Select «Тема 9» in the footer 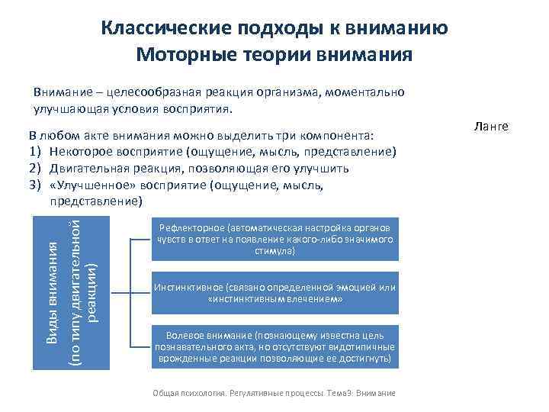[x=339, y=393]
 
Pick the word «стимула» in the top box [x=274, y=250]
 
